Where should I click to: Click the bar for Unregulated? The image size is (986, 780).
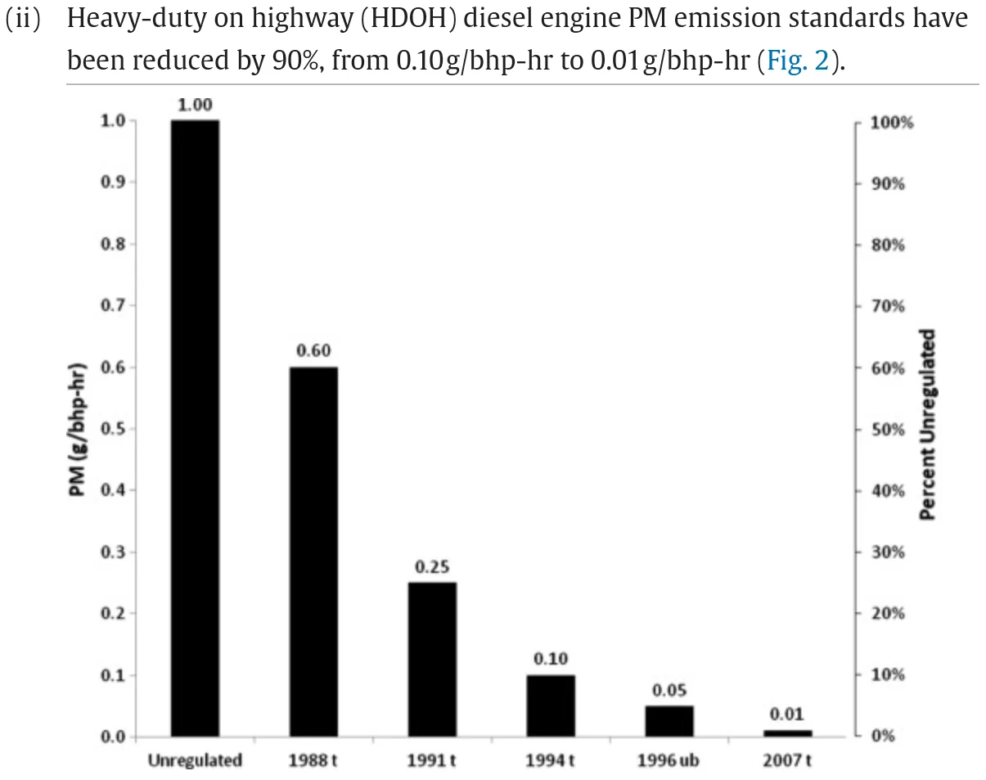pos(196,429)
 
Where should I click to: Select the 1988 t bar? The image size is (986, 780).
pos(314,552)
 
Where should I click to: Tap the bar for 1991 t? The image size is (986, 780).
pos(433,660)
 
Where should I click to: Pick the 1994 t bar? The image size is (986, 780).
pos(551,706)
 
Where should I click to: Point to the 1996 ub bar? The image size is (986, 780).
pos(669,721)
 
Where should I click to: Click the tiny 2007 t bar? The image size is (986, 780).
pos(788,733)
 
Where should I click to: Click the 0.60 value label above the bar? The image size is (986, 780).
pos(313,350)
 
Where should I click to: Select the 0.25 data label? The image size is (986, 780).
pos(432,567)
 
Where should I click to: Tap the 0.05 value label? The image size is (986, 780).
pos(669,690)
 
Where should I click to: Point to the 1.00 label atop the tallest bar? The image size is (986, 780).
pos(196,105)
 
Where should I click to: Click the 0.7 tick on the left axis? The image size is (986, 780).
pos(113,304)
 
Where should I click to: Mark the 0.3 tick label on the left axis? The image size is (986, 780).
pos(113,552)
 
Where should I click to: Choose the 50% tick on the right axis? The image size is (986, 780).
pos(888,430)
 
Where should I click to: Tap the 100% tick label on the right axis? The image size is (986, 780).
pos(892,123)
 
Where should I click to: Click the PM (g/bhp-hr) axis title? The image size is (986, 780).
pos(77,430)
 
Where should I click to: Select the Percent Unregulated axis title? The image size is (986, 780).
pos(927,424)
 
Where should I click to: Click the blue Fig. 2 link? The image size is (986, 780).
pos(798,60)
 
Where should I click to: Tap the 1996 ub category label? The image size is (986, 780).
pos(669,760)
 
